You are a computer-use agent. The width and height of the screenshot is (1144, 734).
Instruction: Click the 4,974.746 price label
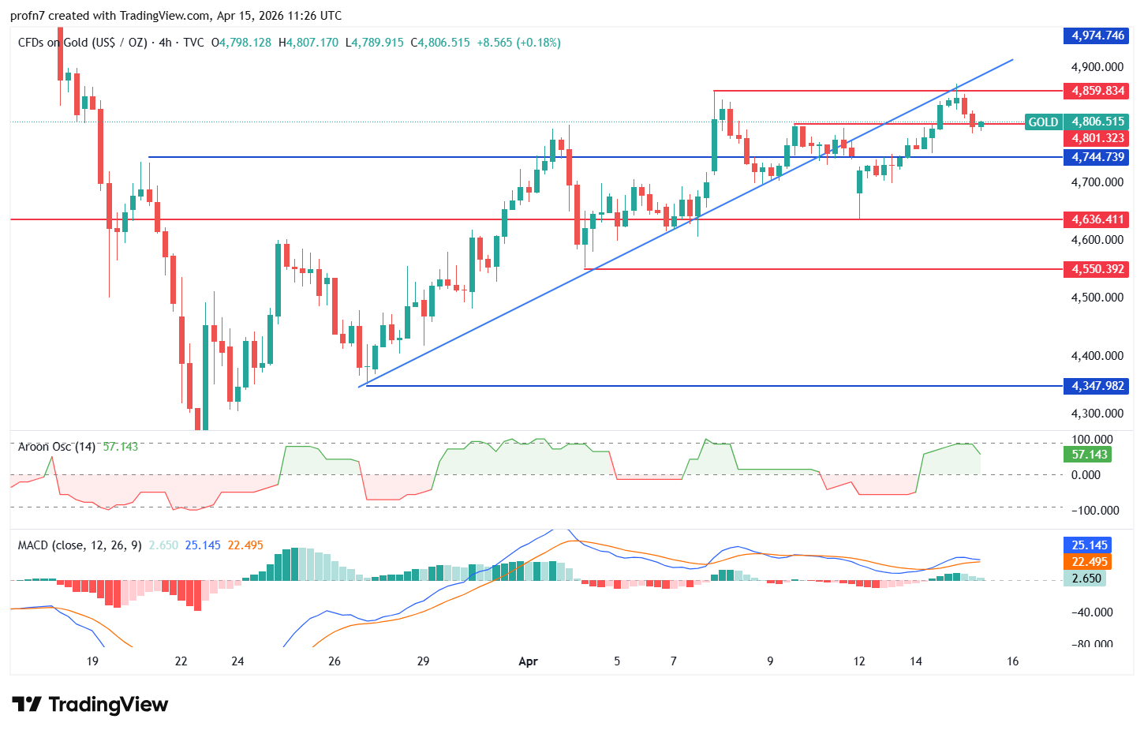coord(1097,36)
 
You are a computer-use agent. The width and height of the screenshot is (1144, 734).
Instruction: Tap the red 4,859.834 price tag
coord(1097,91)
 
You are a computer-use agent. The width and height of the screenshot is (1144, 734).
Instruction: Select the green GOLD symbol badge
coord(1043,122)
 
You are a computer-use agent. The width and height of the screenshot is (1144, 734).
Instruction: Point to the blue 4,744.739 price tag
coord(1097,157)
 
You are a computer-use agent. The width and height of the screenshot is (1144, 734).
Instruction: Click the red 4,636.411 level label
coord(1097,219)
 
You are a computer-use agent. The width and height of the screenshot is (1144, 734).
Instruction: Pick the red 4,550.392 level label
coord(1097,269)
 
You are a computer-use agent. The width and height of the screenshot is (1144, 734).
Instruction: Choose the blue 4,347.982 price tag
coord(1097,386)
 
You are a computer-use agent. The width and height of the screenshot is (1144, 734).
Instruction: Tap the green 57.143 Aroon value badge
coord(1090,455)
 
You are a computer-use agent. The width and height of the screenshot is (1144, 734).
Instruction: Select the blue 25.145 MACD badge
coord(1090,545)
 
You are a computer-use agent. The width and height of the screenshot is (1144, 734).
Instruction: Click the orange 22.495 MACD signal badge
coord(1090,562)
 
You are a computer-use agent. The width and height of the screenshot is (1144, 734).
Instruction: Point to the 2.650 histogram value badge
coord(1086,579)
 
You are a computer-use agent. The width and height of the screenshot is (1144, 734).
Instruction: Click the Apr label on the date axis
coord(528,661)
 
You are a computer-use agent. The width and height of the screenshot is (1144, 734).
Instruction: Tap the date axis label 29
coord(423,661)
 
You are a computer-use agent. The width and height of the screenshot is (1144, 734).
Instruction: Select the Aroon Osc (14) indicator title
coord(57,447)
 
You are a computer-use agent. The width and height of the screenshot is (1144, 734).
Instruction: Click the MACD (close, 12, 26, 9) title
coord(80,545)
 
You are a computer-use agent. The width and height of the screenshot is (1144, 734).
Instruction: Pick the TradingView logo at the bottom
coord(90,704)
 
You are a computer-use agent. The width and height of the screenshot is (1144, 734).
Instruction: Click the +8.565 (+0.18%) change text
coord(518,43)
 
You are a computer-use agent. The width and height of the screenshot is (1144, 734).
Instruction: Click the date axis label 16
coord(1013,661)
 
